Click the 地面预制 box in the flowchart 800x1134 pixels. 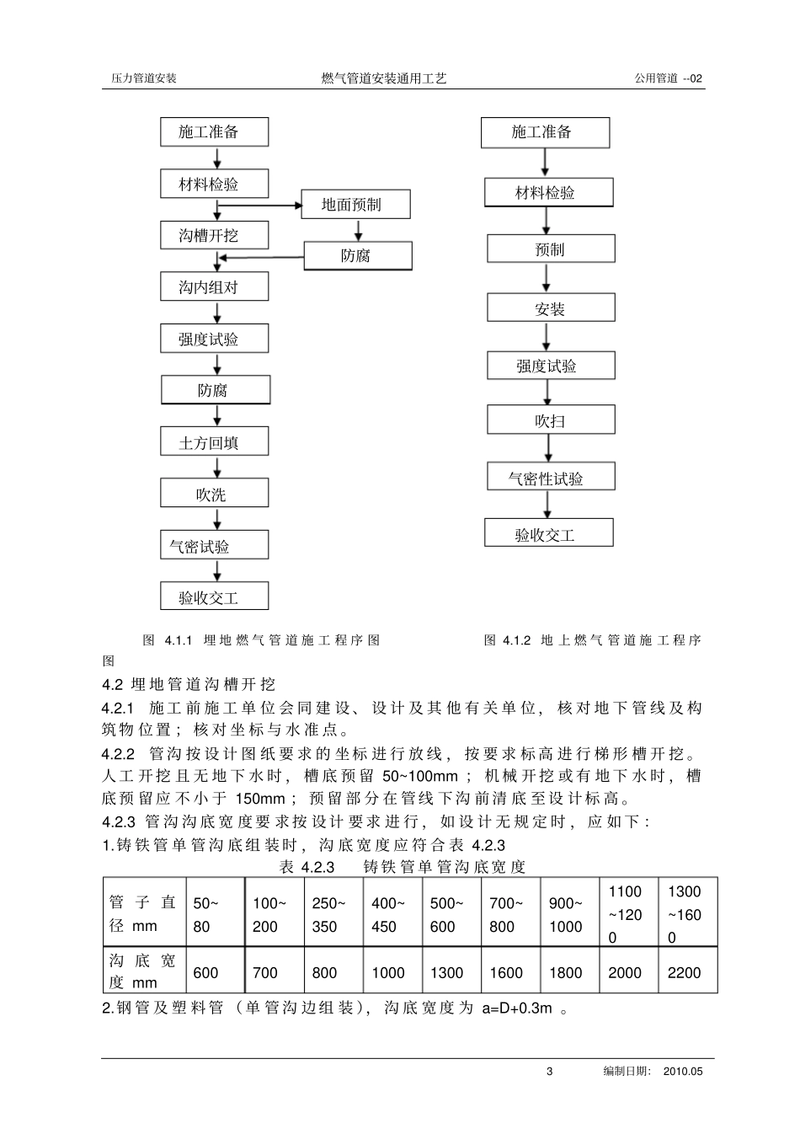(x=356, y=205)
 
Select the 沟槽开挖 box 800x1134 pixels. (x=214, y=235)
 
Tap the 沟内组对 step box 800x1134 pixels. (x=214, y=287)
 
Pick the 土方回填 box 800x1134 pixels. (x=214, y=442)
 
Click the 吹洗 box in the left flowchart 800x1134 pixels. (x=214, y=495)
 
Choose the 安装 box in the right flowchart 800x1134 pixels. (x=550, y=308)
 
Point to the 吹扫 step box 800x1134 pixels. (x=550, y=420)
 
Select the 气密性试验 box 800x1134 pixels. (x=550, y=478)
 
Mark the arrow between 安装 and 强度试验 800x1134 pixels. (x=547, y=336)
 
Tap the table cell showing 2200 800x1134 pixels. (x=684, y=972)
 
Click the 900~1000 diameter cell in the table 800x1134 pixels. (x=566, y=915)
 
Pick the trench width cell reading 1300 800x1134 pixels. (x=446, y=972)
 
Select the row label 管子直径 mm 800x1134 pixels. (x=142, y=914)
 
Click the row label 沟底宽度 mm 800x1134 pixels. (x=142, y=971)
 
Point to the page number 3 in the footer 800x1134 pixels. (x=550, y=1072)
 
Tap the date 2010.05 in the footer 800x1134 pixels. (x=682, y=1072)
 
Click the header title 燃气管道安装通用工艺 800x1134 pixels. (x=384, y=78)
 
